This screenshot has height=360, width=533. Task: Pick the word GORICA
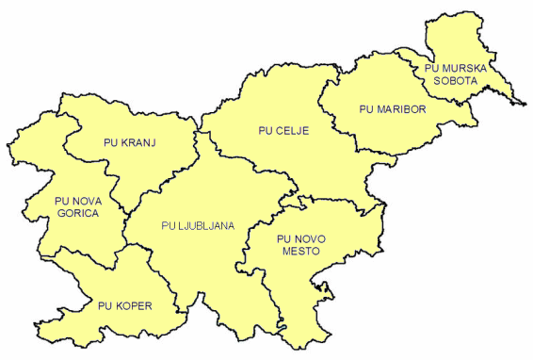(x=78, y=213)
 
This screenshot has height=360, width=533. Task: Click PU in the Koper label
(x=105, y=305)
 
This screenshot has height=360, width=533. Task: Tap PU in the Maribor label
(x=367, y=109)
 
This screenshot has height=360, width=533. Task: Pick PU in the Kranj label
(x=108, y=143)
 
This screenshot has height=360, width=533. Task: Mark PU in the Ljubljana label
(x=169, y=225)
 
